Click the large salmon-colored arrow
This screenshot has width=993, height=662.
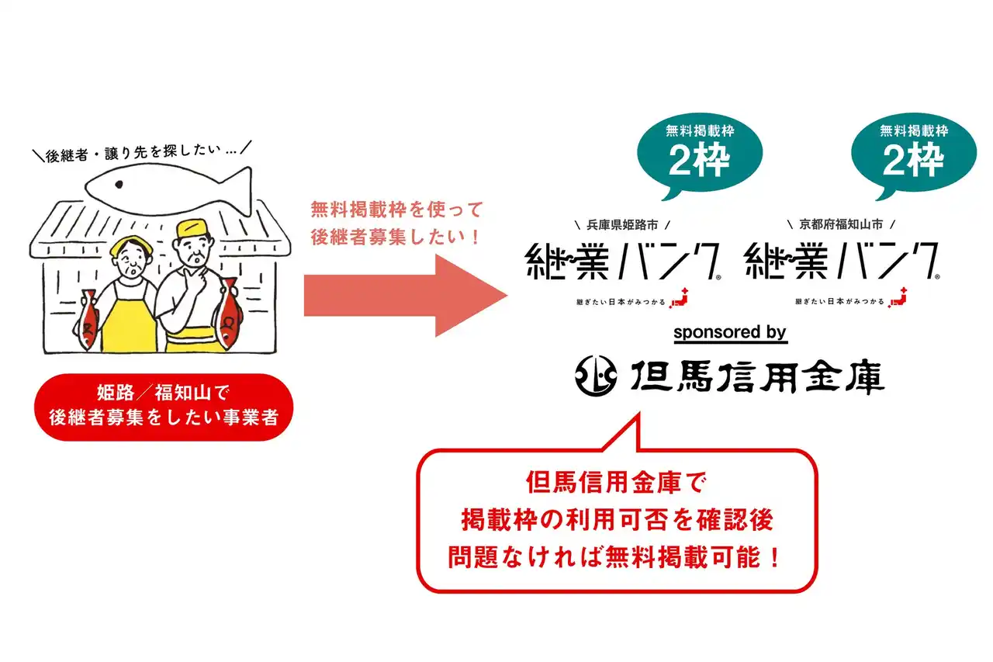406,296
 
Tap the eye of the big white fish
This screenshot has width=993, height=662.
119,184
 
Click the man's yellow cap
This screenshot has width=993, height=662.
192,230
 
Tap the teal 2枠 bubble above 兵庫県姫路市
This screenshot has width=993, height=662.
700,154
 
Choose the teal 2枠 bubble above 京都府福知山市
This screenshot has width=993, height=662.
914,154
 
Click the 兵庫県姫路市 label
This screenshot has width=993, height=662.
622,225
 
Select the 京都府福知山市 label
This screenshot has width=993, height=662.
841,224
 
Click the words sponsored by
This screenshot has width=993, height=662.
730,332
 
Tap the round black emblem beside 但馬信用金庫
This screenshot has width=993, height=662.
595,376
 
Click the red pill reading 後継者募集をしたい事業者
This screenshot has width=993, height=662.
164,407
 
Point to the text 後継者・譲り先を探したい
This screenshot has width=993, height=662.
133,153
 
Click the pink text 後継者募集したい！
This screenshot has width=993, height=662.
396,237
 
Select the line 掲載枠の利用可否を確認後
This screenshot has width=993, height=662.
618,520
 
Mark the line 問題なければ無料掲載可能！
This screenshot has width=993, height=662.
614,557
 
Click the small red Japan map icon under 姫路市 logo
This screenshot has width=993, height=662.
679,297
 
